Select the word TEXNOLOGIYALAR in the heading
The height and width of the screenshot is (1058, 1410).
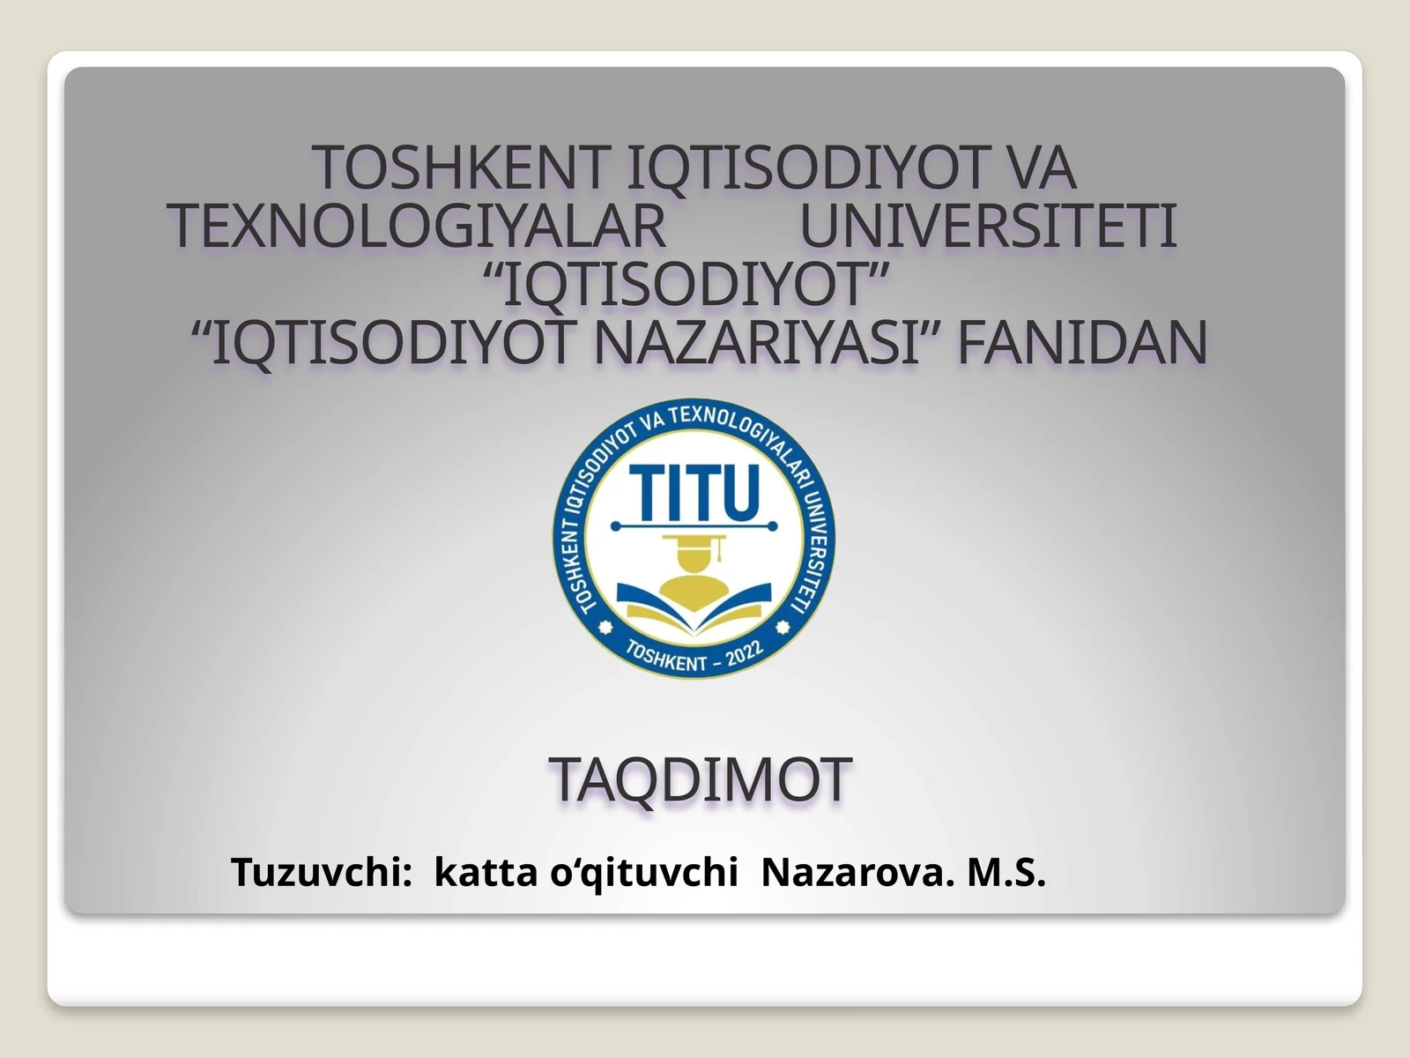click(419, 227)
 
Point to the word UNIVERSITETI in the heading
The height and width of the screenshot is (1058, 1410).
click(988, 227)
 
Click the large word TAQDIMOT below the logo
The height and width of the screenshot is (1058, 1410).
click(701, 780)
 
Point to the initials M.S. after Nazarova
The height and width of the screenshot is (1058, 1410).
click(1006, 873)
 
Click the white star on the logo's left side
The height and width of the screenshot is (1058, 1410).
click(605, 628)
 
